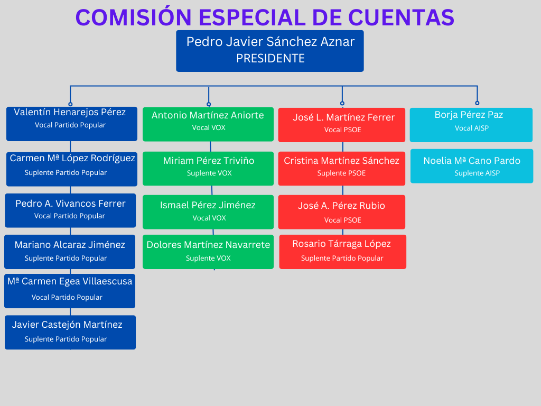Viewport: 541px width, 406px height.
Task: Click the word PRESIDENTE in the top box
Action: [x=270, y=58]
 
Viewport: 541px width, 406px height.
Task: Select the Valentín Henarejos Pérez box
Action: [x=72, y=124]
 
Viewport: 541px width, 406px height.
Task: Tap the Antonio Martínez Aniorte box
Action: [x=208, y=124]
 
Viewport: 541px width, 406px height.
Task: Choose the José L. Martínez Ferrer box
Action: [x=342, y=125]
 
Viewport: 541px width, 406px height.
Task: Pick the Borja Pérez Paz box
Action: [x=471, y=125]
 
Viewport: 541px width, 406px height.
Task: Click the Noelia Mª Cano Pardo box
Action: [x=472, y=166]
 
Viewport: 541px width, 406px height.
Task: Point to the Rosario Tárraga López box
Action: [x=342, y=252]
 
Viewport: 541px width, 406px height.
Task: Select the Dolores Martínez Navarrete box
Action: [x=208, y=252]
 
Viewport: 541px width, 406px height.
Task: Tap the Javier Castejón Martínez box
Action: [x=70, y=333]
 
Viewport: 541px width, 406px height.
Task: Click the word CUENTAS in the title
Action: [x=401, y=17]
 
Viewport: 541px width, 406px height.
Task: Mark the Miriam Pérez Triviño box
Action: [x=208, y=169]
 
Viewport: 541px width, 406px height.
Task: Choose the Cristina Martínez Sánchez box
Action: [x=342, y=169]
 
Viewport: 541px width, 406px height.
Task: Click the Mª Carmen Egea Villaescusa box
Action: [x=70, y=291]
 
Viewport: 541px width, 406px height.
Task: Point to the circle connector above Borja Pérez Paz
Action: [x=477, y=103]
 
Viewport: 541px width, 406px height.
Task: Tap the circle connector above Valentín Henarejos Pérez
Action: [x=70, y=104]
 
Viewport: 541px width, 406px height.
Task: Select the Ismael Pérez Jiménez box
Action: [x=208, y=212]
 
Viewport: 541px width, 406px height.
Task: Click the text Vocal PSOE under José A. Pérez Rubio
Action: [x=342, y=220]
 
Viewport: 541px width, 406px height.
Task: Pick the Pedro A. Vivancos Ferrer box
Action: [x=70, y=210]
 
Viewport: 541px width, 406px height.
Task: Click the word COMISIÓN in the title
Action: [x=134, y=17]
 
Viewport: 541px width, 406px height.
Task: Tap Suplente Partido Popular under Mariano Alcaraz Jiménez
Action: [x=66, y=258]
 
